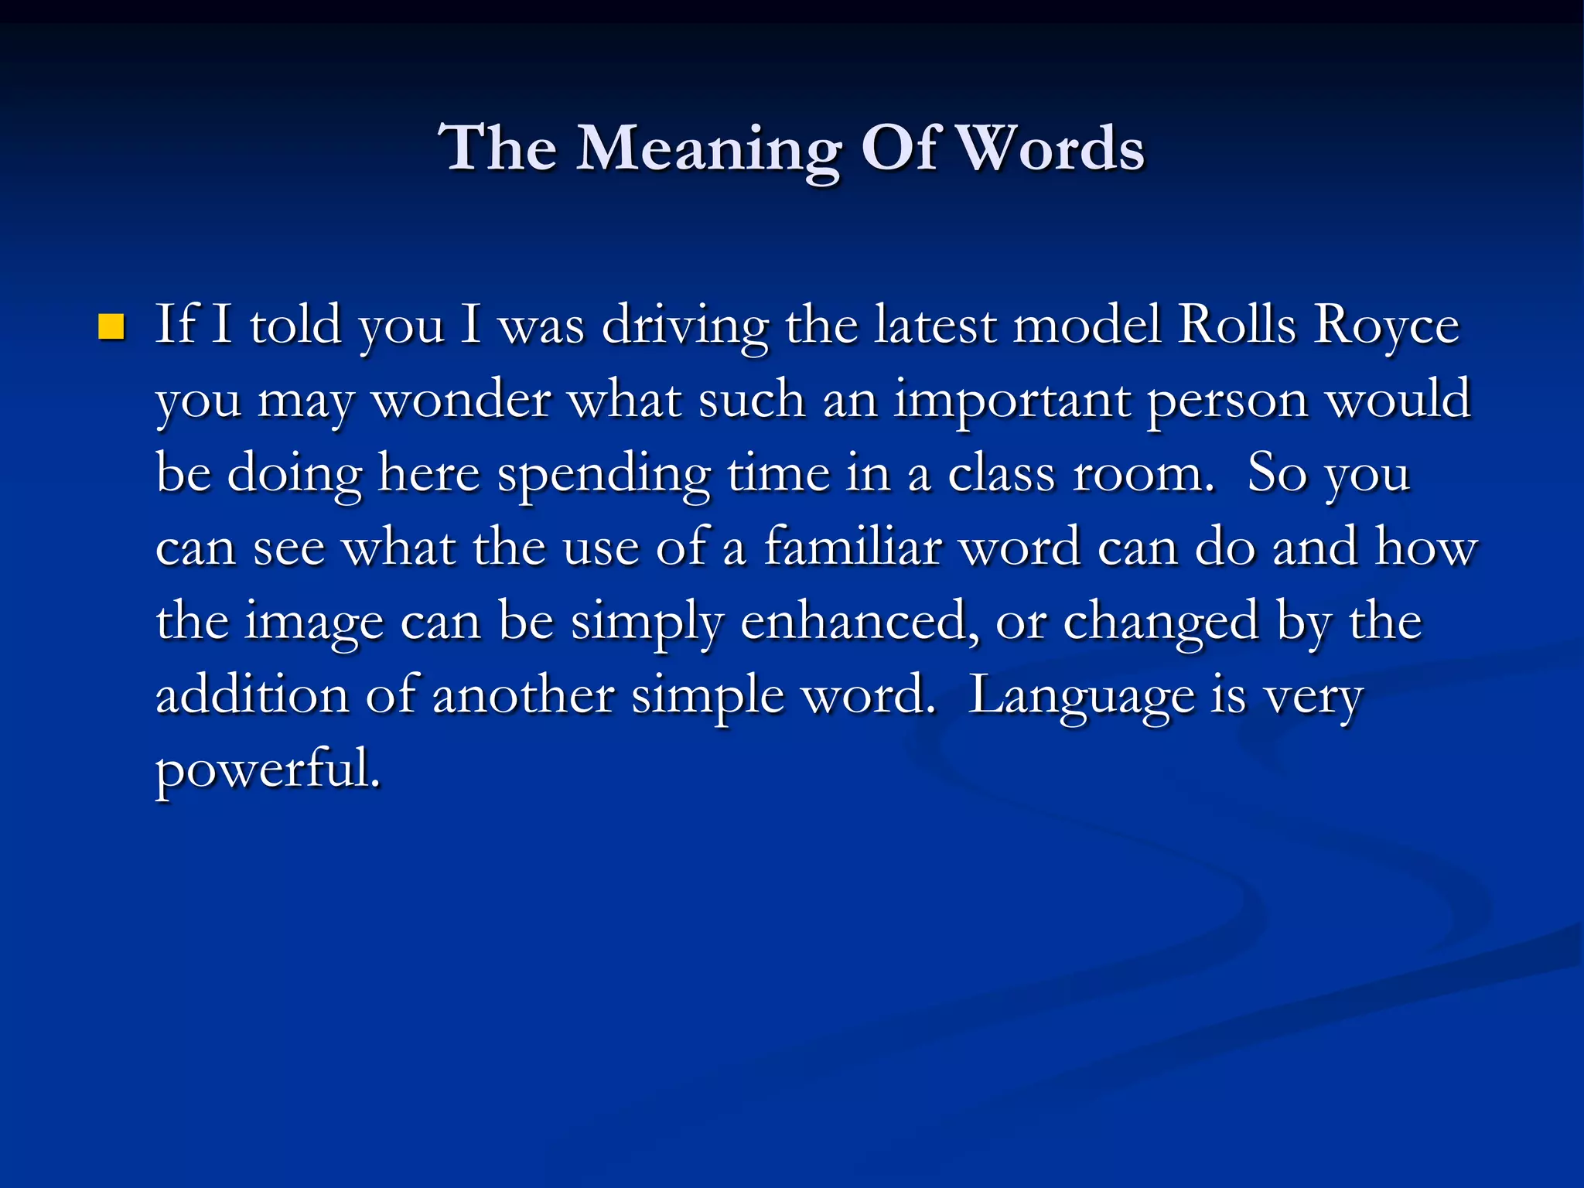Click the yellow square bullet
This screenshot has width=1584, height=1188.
[x=112, y=327]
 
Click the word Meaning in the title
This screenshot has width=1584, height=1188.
[x=708, y=148]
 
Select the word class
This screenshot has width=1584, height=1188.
[x=1001, y=473]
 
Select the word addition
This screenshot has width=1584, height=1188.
[x=252, y=695]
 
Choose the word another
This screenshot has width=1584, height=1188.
[x=524, y=695]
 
